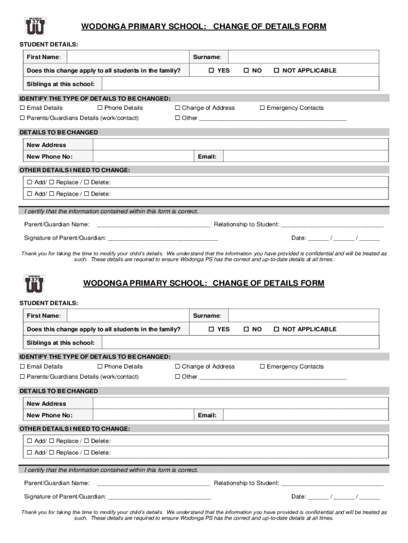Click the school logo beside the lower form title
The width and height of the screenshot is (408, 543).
click(x=35, y=284)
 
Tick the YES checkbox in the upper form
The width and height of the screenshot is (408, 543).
click(x=211, y=71)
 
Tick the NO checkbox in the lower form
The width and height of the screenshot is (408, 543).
click(x=246, y=329)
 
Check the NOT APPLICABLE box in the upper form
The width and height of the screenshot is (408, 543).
click(x=276, y=71)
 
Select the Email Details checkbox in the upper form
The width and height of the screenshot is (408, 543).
click(x=22, y=108)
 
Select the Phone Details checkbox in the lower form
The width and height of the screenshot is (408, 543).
click(x=100, y=367)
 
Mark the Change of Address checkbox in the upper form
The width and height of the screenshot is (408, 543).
click(x=178, y=108)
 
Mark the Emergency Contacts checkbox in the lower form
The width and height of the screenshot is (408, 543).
click(x=262, y=367)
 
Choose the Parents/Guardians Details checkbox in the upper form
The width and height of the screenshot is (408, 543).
click(x=22, y=118)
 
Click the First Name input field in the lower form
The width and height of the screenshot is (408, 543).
click(x=127, y=316)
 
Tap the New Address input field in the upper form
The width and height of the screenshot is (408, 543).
click(x=236, y=145)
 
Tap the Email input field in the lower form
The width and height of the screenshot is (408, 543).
click(x=301, y=415)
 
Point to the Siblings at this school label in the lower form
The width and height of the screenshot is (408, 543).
click(x=60, y=343)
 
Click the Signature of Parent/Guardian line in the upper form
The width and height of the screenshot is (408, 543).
click(x=162, y=238)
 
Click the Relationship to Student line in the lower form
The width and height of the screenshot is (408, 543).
click(x=332, y=483)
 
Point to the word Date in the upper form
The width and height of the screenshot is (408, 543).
click(x=298, y=238)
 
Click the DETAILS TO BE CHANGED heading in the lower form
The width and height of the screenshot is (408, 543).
click(x=59, y=391)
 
